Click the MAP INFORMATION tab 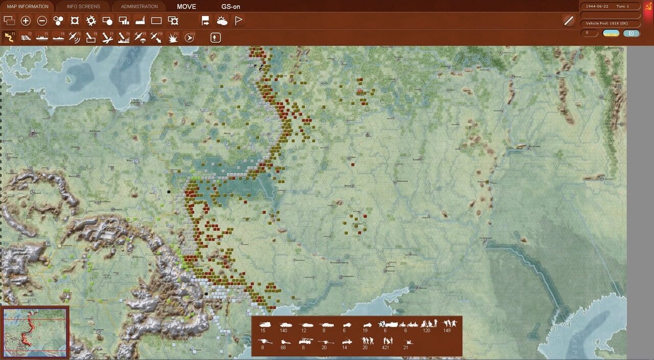click(28, 7)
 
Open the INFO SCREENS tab click(83, 7)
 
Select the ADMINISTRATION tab click(139, 7)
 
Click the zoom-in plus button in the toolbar click(26, 21)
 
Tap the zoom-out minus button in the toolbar click(42, 21)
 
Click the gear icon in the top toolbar click(91, 21)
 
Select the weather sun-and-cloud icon click(222, 21)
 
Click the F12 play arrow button click(189, 37)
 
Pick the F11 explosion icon click(173, 37)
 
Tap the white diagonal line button click(569, 21)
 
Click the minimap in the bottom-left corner click(35, 332)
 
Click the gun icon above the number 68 click(285, 341)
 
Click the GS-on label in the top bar click(230, 7)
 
